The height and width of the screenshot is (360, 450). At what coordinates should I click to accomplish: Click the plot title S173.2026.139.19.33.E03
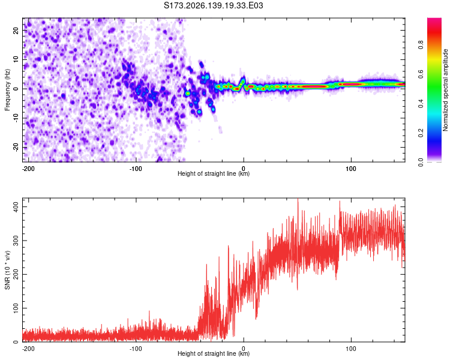pos(213,5)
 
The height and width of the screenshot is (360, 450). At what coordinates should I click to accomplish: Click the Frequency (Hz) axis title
pos(7,89)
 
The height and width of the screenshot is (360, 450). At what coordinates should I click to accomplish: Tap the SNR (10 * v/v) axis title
pos(7,270)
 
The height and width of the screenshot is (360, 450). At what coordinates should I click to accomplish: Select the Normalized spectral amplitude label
pos(445,90)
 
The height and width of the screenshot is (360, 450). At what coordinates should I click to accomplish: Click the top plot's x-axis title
pos(214,173)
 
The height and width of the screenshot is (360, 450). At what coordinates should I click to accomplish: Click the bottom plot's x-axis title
pos(214,353)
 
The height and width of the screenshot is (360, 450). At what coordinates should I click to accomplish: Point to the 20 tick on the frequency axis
pos(16,30)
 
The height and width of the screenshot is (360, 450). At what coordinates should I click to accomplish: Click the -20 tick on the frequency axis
pos(16,147)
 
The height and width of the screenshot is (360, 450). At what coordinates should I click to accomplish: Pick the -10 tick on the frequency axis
pos(16,118)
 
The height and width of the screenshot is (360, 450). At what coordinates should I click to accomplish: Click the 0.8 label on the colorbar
pos(421,45)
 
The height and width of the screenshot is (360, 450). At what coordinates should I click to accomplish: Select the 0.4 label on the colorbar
pos(421,104)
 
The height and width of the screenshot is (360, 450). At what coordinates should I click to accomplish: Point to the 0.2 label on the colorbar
pos(421,133)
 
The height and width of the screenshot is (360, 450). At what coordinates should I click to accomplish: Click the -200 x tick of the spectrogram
pos(28,169)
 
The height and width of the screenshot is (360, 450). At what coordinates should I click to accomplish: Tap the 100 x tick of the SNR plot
pos(351,349)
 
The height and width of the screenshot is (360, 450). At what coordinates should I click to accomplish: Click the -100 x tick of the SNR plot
pos(136,349)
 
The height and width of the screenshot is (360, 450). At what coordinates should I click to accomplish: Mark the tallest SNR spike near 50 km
pos(298,199)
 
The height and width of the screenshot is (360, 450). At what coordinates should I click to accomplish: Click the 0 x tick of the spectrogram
pos(244,169)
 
